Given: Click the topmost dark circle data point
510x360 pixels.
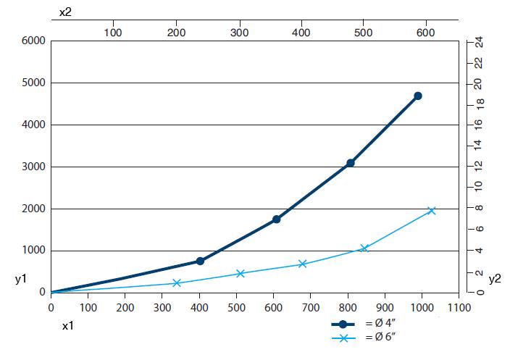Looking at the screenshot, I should pyautogui.click(x=418, y=96).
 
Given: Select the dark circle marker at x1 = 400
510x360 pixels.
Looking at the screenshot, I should pyautogui.click(x=200, y=261).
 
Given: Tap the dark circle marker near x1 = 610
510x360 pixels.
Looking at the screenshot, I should pyautogui.click(x=276, y=219).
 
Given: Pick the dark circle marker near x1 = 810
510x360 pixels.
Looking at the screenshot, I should pyautogui.click(x=351, y=163).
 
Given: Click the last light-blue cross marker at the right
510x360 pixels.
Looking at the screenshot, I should pyautogui.click(x=432, y=210).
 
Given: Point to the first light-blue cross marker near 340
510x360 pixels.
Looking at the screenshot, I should pyautogui.click(x=177, y=282).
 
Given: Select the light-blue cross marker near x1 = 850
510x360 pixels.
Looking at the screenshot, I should pyautogui.click(x=364, y=248).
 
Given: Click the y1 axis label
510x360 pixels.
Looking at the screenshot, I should pyautogui.click(x=20, y=279).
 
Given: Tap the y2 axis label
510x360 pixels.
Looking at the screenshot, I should pyautogui.click(x=495, y=279).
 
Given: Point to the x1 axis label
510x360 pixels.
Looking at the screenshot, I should pyautogui.click(x=67, y=326).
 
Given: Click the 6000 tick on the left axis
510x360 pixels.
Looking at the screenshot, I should pyautogui.click(x=37, y=41).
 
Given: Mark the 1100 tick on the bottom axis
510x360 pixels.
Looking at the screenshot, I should pyautogui.click(x=459, y=307).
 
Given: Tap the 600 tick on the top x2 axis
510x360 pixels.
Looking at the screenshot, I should pyautogui.click(x=426, y=32).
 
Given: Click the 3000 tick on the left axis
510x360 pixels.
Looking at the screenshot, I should pyautogui.click(x=37, y=167).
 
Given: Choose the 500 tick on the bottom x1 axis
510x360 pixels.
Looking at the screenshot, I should pyautogui.click(x=236, y=307).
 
